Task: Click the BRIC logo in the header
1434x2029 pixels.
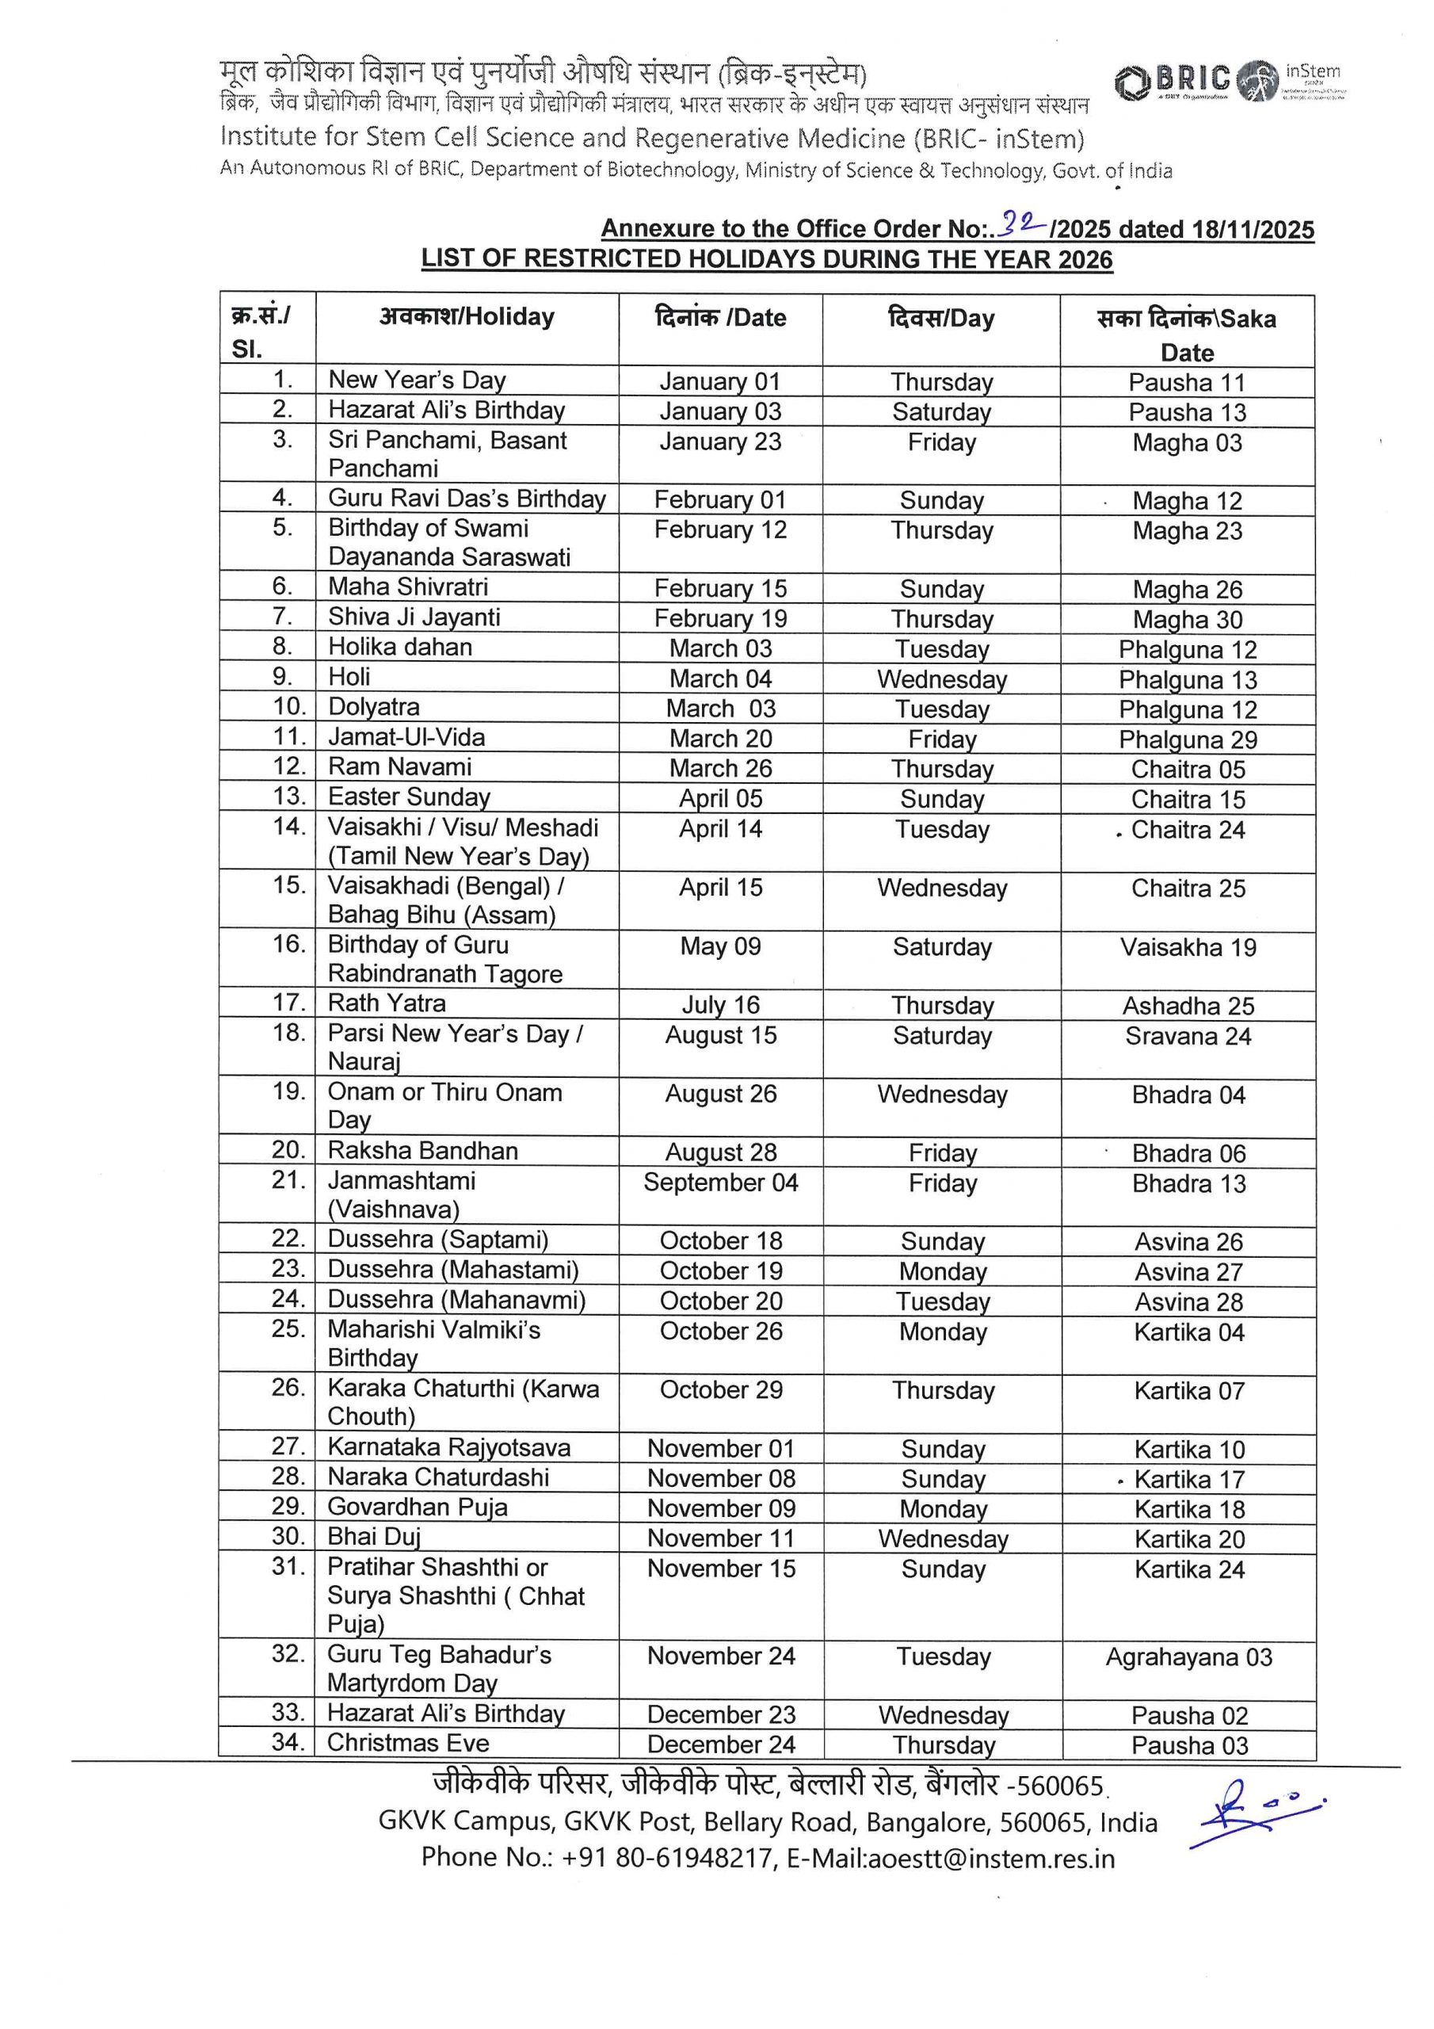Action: [1173, 82]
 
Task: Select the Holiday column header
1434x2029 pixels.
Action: [467, 317]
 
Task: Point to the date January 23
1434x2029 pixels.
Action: [720, 441]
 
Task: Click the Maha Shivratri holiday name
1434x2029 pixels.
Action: [408, 587]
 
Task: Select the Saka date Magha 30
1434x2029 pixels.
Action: [1187, 620]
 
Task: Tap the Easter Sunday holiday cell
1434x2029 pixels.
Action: [409, 797]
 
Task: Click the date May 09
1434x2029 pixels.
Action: [720, 946]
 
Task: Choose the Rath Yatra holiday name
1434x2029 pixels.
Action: [386, 1003]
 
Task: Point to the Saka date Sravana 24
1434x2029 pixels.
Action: [1188, 1036]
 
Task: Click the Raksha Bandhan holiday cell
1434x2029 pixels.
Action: [422, 1151]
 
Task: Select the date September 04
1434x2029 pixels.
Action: [720, 1183]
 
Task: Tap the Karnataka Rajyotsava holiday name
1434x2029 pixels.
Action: [449, 1447]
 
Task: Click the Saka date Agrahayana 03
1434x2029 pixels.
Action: [1188, 1657]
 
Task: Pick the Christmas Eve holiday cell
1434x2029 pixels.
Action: [407, 1743]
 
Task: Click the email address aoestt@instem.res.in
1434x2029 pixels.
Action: [990, 1859]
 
